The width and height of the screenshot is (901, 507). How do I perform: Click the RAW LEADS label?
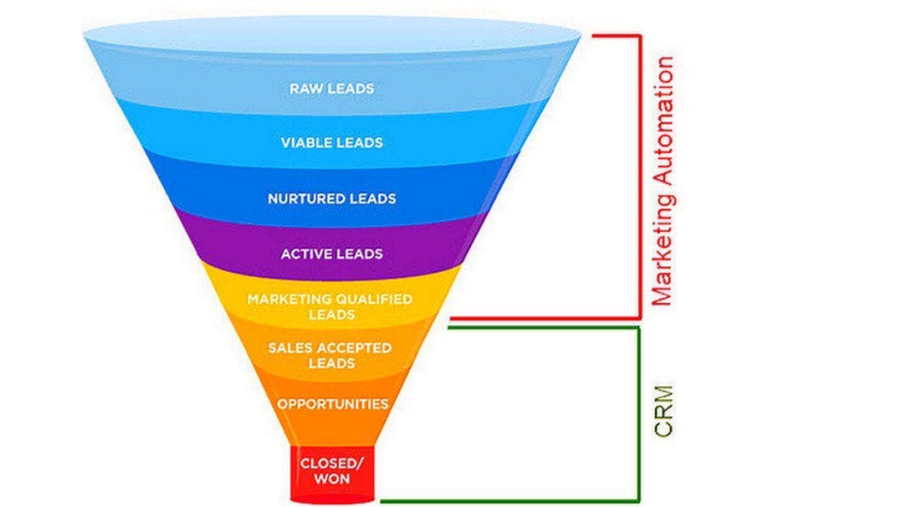tap(332, 88)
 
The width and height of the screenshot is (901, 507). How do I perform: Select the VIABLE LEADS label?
tap(332, 143)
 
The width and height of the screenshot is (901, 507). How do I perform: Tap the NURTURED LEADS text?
tap(332, 198)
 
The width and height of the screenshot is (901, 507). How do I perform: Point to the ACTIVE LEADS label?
tap(332, 253)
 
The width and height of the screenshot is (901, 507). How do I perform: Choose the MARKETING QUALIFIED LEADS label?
tap(330, 306)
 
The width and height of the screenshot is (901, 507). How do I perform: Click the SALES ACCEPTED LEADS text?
tap(331, 355)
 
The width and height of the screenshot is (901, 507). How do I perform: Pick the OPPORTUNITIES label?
tap(332, 404)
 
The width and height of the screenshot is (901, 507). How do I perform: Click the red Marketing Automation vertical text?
tap(663, 180)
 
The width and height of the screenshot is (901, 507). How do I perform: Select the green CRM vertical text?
tap(663, 409)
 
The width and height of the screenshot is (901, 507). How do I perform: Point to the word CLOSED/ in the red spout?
tap(330, 462)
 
